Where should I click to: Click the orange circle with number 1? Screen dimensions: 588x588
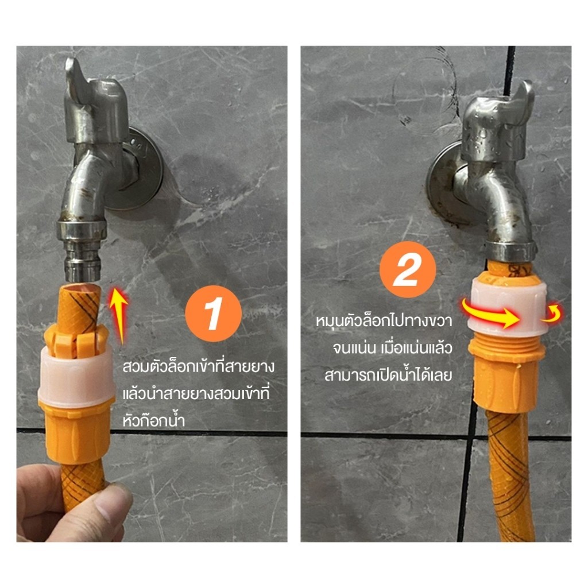tap(213, 314)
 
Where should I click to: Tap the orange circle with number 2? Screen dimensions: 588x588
tap(408, 270)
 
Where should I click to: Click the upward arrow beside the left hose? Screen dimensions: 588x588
tap(119, 315)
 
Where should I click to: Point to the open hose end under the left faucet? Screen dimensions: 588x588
tap(79, 289)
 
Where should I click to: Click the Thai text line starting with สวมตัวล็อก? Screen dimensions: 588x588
tap(198, 366)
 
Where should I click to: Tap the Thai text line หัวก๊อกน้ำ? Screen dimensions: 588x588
tap(154, 420)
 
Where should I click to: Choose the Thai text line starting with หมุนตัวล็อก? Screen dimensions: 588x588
tap(384, 321)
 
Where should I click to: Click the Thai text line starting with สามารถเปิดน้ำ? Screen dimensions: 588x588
tap(388, 375)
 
